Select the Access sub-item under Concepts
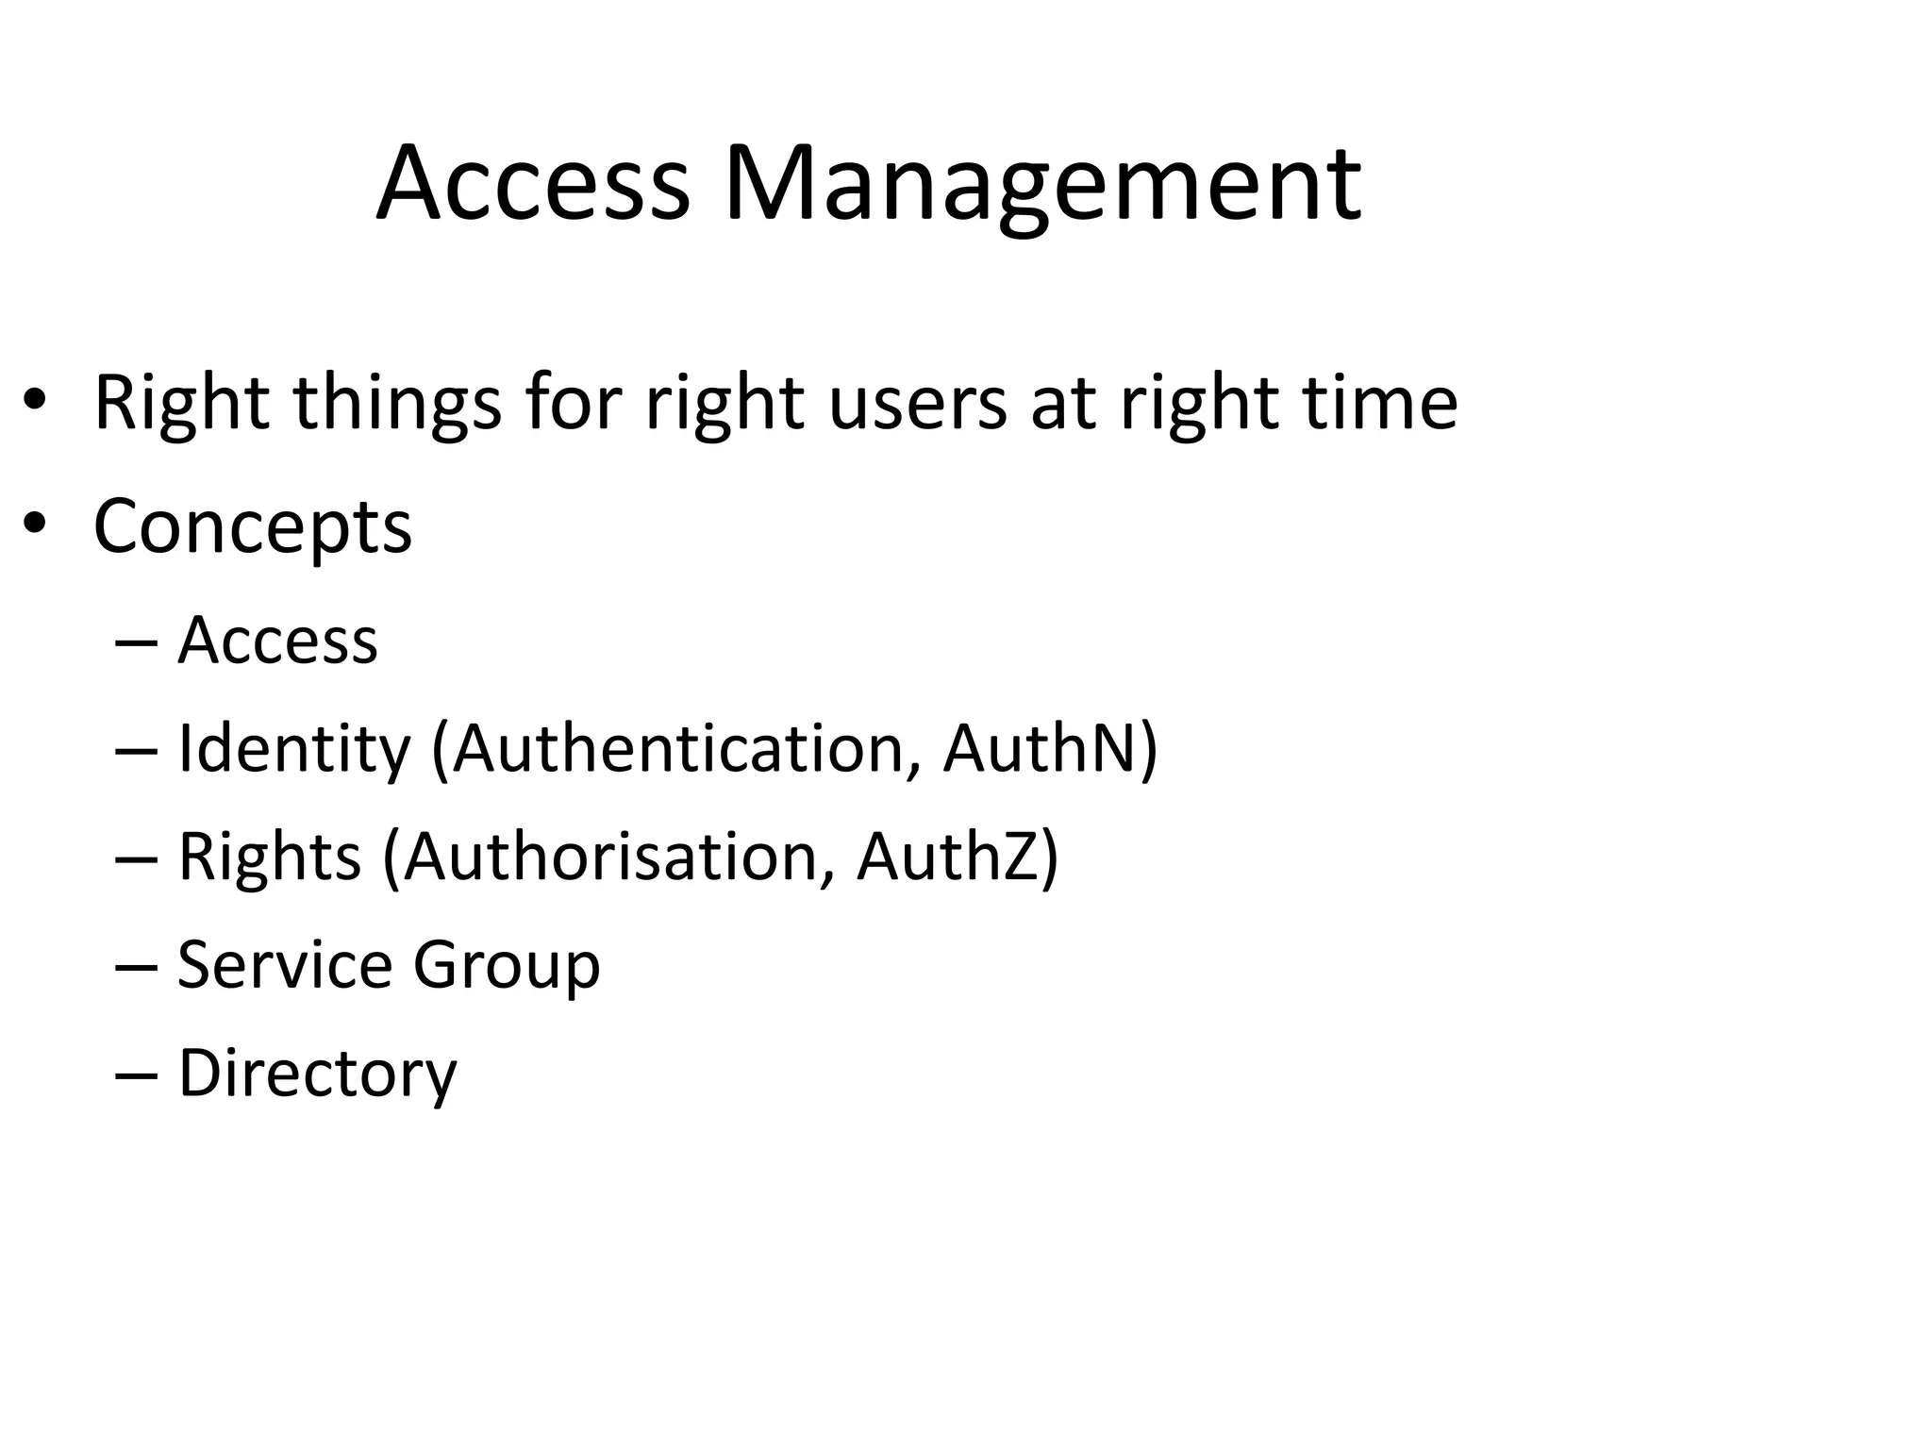[277, 641]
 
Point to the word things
[397, 404]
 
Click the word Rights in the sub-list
[270, 858]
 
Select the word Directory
[317, 1074]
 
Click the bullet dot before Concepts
[35, 525]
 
